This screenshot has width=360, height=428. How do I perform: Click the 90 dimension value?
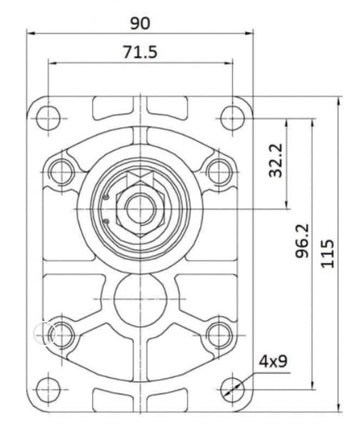coord(140,23)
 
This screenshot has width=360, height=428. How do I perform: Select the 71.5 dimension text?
coord(140,52)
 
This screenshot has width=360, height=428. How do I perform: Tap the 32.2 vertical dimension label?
coord(276,160)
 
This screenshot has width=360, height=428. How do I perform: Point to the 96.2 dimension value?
coord(302,241)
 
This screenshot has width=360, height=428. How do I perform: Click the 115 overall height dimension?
coord(327,254)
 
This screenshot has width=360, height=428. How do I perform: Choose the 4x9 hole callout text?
coord(273,362)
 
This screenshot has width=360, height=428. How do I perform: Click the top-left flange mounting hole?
coord(49,119)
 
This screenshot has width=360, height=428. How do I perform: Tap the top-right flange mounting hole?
coord(233,119)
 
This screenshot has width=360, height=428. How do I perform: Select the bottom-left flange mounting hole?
coord(49,390)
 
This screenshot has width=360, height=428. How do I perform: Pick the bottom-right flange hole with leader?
coord(233,390)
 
